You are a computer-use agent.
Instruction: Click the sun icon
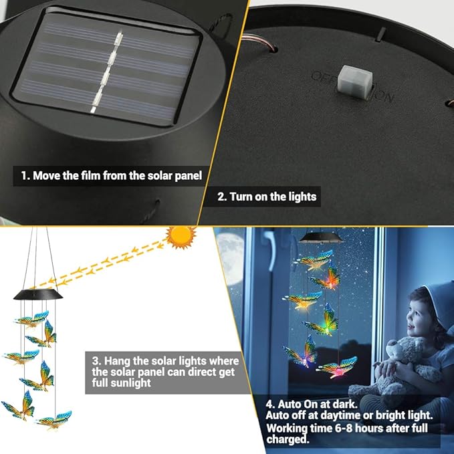[x=182, y=237]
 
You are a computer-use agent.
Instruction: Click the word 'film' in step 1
[x=91, y=175]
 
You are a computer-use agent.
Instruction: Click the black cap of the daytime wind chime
[x=38, y=294]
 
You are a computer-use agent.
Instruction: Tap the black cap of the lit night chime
[x=320, y=238]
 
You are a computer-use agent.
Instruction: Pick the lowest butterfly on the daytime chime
[x=54, y=419]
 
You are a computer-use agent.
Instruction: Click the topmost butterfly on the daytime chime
[x=32, y=319]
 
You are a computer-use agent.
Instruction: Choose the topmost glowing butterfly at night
[x=314, y=260]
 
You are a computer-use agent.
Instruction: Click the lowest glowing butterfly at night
[x=337, y=368]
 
